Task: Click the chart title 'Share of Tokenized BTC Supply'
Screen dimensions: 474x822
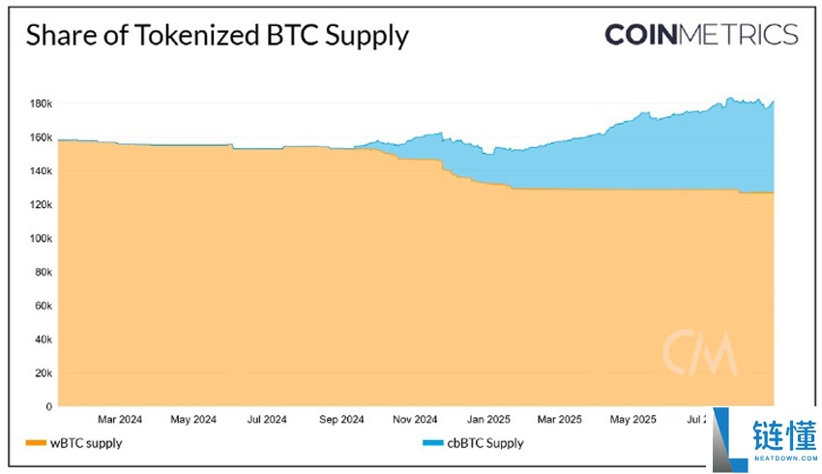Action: (217, 36)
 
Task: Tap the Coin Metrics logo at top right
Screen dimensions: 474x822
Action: (701, 35)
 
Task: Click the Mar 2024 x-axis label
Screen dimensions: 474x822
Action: (120, 420)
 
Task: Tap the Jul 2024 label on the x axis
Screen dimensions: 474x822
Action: (267, 420)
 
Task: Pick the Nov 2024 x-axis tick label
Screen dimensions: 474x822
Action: (414, 420)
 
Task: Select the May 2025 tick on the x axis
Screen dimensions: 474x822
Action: (632, 420)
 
